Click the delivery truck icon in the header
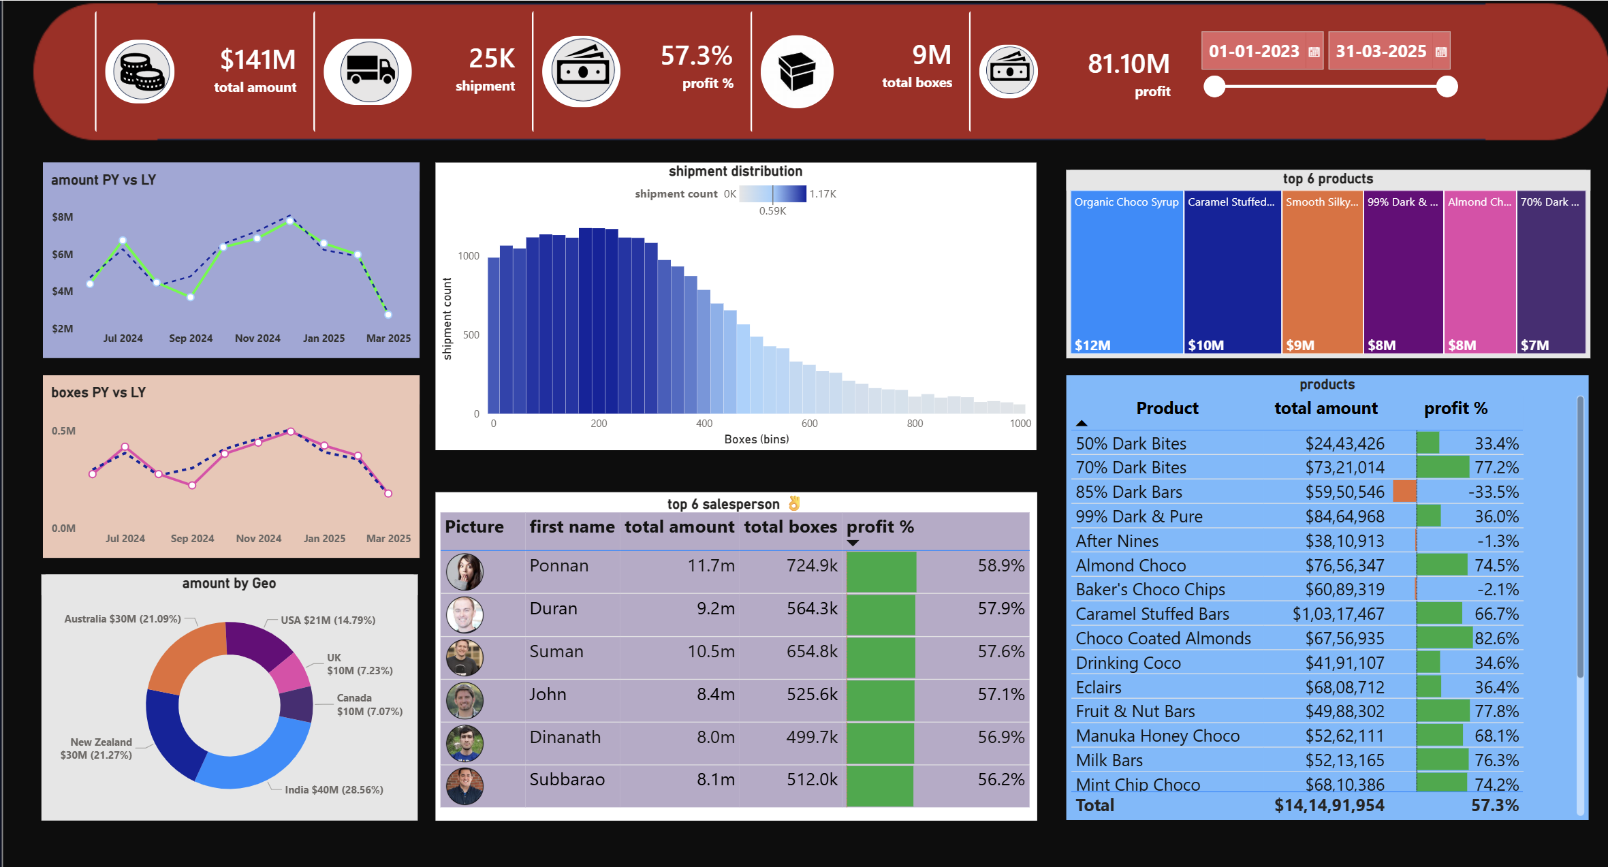click(368, 71)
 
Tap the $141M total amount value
click(257, 60)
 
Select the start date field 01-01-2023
click(1255, 51)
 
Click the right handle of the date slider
click(1447, 86)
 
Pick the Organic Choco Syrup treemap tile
click(1126, 272)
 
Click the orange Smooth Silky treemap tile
click(1322, 272)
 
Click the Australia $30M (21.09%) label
click(123, 619)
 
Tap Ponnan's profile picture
click(464, 571)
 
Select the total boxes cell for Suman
click(812, 652)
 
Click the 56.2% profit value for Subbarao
click(1000, 780)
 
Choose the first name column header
click(572, 527)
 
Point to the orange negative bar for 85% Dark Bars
click(1404, 492)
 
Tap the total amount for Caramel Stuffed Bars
click(1338, 614)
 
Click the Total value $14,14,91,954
click(1329, 806)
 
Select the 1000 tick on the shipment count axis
click(469, 256)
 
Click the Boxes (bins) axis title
click(756, 439)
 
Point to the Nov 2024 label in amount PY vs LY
click(257, 338)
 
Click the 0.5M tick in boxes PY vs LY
click(63, 431)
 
